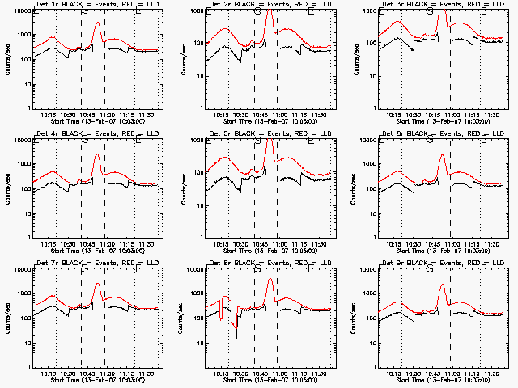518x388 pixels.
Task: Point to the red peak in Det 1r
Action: pyautogui.click(x=97, y=23)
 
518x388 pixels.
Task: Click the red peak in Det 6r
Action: pyautogui.click(x=442, y=155)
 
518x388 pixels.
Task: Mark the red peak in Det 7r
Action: pyautogui.click(x=97, y=284)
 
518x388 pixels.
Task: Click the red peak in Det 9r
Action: pyautogui.click(x=442, y=285)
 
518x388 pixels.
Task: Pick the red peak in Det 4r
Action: pyautogui.click(x=97, y=154)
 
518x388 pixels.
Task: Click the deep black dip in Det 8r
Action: pyautogui.click(x=236, y=337)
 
